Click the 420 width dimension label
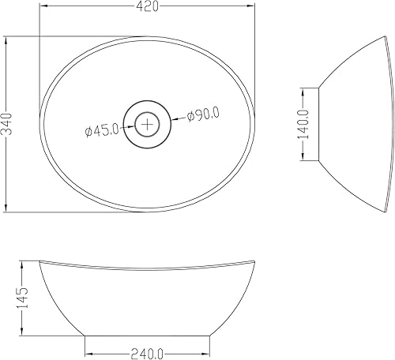coord(147,6)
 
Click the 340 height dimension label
coord(6,124)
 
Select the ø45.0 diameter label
coord(102,130)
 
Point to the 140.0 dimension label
coord(303,124)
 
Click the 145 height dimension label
coord(22,298)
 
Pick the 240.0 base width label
coord(147,354)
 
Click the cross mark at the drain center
coord(147,124)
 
